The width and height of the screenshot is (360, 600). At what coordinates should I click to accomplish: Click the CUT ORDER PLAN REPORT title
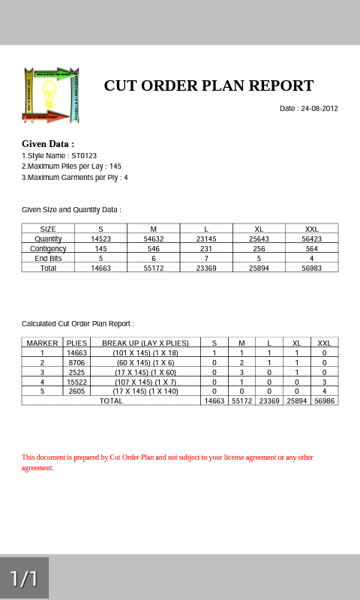[208, 85]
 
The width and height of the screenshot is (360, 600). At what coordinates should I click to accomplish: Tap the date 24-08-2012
[319, 109]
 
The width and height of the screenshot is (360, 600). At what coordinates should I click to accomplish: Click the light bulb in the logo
[49, 94]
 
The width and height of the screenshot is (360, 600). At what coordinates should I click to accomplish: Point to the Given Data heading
[48, 144]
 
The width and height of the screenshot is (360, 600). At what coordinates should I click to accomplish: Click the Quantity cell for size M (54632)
[154, 238]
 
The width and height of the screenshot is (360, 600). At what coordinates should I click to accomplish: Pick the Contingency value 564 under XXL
[312, 248]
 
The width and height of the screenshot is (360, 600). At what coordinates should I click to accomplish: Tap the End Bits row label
[48, 258]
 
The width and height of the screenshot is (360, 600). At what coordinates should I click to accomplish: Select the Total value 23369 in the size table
[206, 268]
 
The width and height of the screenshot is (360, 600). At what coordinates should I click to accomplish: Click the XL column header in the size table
[259, 229]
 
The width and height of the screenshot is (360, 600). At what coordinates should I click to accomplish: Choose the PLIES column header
[77, 343]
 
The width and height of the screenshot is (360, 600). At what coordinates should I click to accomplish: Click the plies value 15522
[77, 382]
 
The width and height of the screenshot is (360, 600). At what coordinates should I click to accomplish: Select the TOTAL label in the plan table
[111, 401]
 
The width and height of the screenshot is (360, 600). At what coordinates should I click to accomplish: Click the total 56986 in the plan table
[324, 401]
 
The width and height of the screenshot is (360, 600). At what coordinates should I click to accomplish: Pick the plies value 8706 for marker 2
[77, 362]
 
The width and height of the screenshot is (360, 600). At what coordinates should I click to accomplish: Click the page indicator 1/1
[24, 578]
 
